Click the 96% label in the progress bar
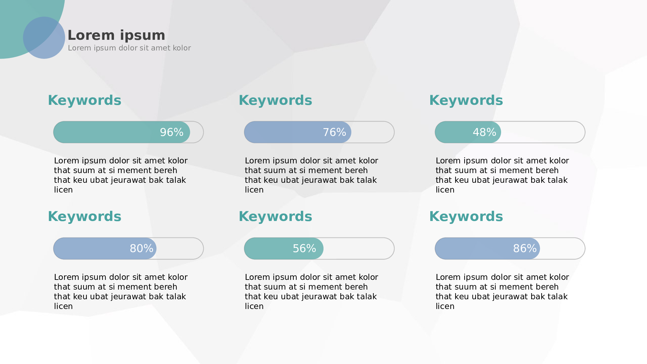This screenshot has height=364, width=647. pyautogui.click(x=172, y=132)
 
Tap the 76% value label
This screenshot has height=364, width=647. pyautogui.click(x=334, y=132)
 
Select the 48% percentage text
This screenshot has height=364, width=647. pyautogui.click(x=484, y=132)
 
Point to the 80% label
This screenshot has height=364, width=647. pyautogui.click(x=141, y=248)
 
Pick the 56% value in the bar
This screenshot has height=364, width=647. pyautogui.click(x=304, y=248)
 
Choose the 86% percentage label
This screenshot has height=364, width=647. pyautogui.click(x=525, y=248)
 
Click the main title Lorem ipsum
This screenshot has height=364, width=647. pyautogui.click(x=116, y=35)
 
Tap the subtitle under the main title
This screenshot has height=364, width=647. pyautogui.click(x=129, y=48)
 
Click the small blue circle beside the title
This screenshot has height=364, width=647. pyautogui.click(x=44, y=38)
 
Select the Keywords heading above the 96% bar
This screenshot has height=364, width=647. pyautogui.click(x=85, y=100)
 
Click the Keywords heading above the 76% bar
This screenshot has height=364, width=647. pyautogui.click(x=276, y=100)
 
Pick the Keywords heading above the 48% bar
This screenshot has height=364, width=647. pyautogui.click(x=466, y=100)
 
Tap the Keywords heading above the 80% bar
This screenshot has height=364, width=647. pyautogui.click(x=85, y=216)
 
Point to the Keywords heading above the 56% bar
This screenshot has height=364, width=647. pyautogui.click(x=276, y=216)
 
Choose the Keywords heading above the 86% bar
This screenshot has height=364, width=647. pyautogui.click(x=466, y=216)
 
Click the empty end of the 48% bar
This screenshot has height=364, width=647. pyautogui.click(x=543, y=132)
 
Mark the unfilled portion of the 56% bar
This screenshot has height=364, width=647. pyautogui.click(x=359, y=248)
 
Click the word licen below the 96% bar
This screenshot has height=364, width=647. pyautogui.click(x=63, y=190)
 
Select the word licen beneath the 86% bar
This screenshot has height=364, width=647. pyautogui.click(x=445, y=306)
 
